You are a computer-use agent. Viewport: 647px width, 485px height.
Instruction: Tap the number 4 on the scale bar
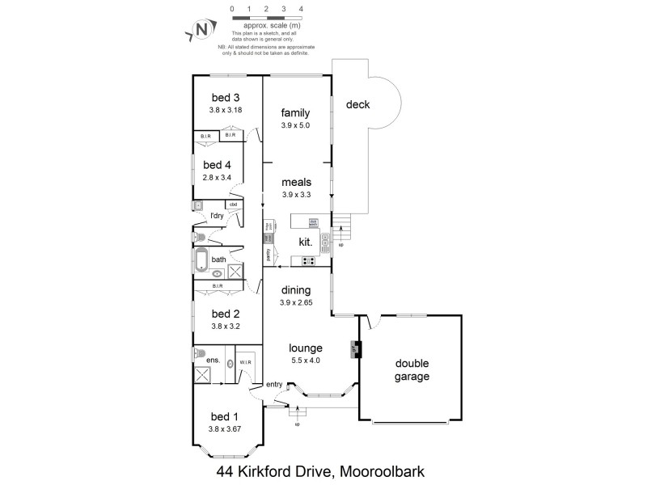coord(301,10)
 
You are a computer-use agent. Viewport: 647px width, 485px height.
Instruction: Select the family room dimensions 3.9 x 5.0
coord(295,125)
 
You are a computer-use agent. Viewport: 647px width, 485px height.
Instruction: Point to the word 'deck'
coord(358,104)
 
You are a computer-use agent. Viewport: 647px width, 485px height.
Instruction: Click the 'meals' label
coord(295,183)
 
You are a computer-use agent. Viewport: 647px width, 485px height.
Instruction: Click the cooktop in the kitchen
coord(308,260)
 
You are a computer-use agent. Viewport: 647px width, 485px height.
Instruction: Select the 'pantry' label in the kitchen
coord(268,254)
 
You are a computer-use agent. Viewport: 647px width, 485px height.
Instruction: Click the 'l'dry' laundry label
coord(216,216)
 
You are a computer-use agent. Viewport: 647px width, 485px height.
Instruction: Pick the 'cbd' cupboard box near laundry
coord(234,205)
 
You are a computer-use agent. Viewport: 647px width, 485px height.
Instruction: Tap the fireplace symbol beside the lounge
coord(354,349)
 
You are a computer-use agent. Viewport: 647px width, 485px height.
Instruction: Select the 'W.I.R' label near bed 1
coord(246,361)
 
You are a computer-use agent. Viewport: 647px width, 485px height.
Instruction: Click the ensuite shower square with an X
coord(204,375)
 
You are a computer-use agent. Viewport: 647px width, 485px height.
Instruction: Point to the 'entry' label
coord(273,385)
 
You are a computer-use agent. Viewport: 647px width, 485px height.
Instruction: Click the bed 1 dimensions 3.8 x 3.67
coord(223,428)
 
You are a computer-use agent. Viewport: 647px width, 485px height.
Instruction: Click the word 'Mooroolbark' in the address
coord(382,470)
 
